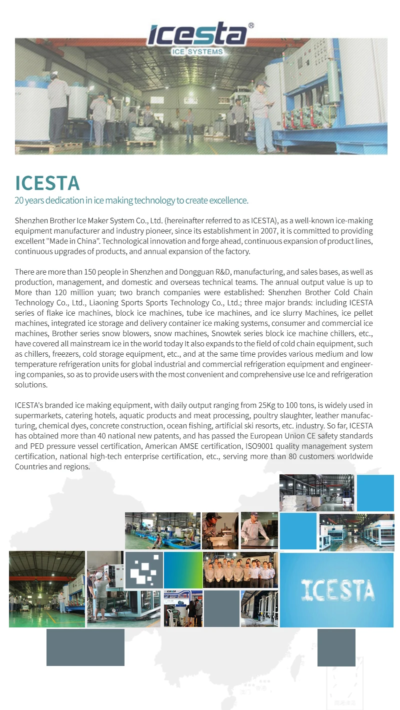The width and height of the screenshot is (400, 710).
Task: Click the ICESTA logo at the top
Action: [197, 35]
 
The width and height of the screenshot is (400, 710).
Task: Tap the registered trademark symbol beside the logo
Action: [251, 25]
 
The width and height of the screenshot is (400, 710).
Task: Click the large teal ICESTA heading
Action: [47, 183]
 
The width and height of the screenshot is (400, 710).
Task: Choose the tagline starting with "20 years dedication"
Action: [131, 201]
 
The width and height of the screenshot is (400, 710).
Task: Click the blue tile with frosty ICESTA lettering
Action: [336, 590]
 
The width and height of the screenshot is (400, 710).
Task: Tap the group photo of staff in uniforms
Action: [240, 570]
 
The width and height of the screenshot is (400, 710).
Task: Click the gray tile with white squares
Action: [143, 570]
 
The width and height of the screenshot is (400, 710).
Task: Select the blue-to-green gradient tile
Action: [183, 570]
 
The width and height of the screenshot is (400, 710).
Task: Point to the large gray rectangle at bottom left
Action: [85, 647]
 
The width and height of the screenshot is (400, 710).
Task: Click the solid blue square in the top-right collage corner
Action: [375, 493]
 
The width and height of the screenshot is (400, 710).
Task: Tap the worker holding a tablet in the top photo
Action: [261, 113]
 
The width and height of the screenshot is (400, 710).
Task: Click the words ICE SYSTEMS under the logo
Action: [197, 52]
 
